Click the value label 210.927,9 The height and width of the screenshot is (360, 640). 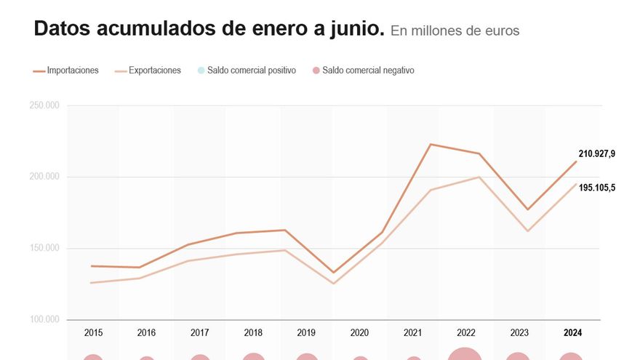tap(596, 153)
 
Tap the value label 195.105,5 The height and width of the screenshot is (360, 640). tap(596, 188)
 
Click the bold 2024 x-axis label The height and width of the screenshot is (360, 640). tap(572, 333)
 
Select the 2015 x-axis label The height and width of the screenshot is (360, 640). tap(93, 333)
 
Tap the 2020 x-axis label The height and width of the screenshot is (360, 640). tap(359, 333)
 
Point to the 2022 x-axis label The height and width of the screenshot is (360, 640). tap(466, 333)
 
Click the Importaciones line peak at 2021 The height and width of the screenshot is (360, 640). tap(431, 144)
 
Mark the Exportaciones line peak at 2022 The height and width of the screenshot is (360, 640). tap(479, 177)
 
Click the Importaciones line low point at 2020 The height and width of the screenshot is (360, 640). tap(333, 273)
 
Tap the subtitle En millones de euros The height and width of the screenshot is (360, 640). tap(455, 31)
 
